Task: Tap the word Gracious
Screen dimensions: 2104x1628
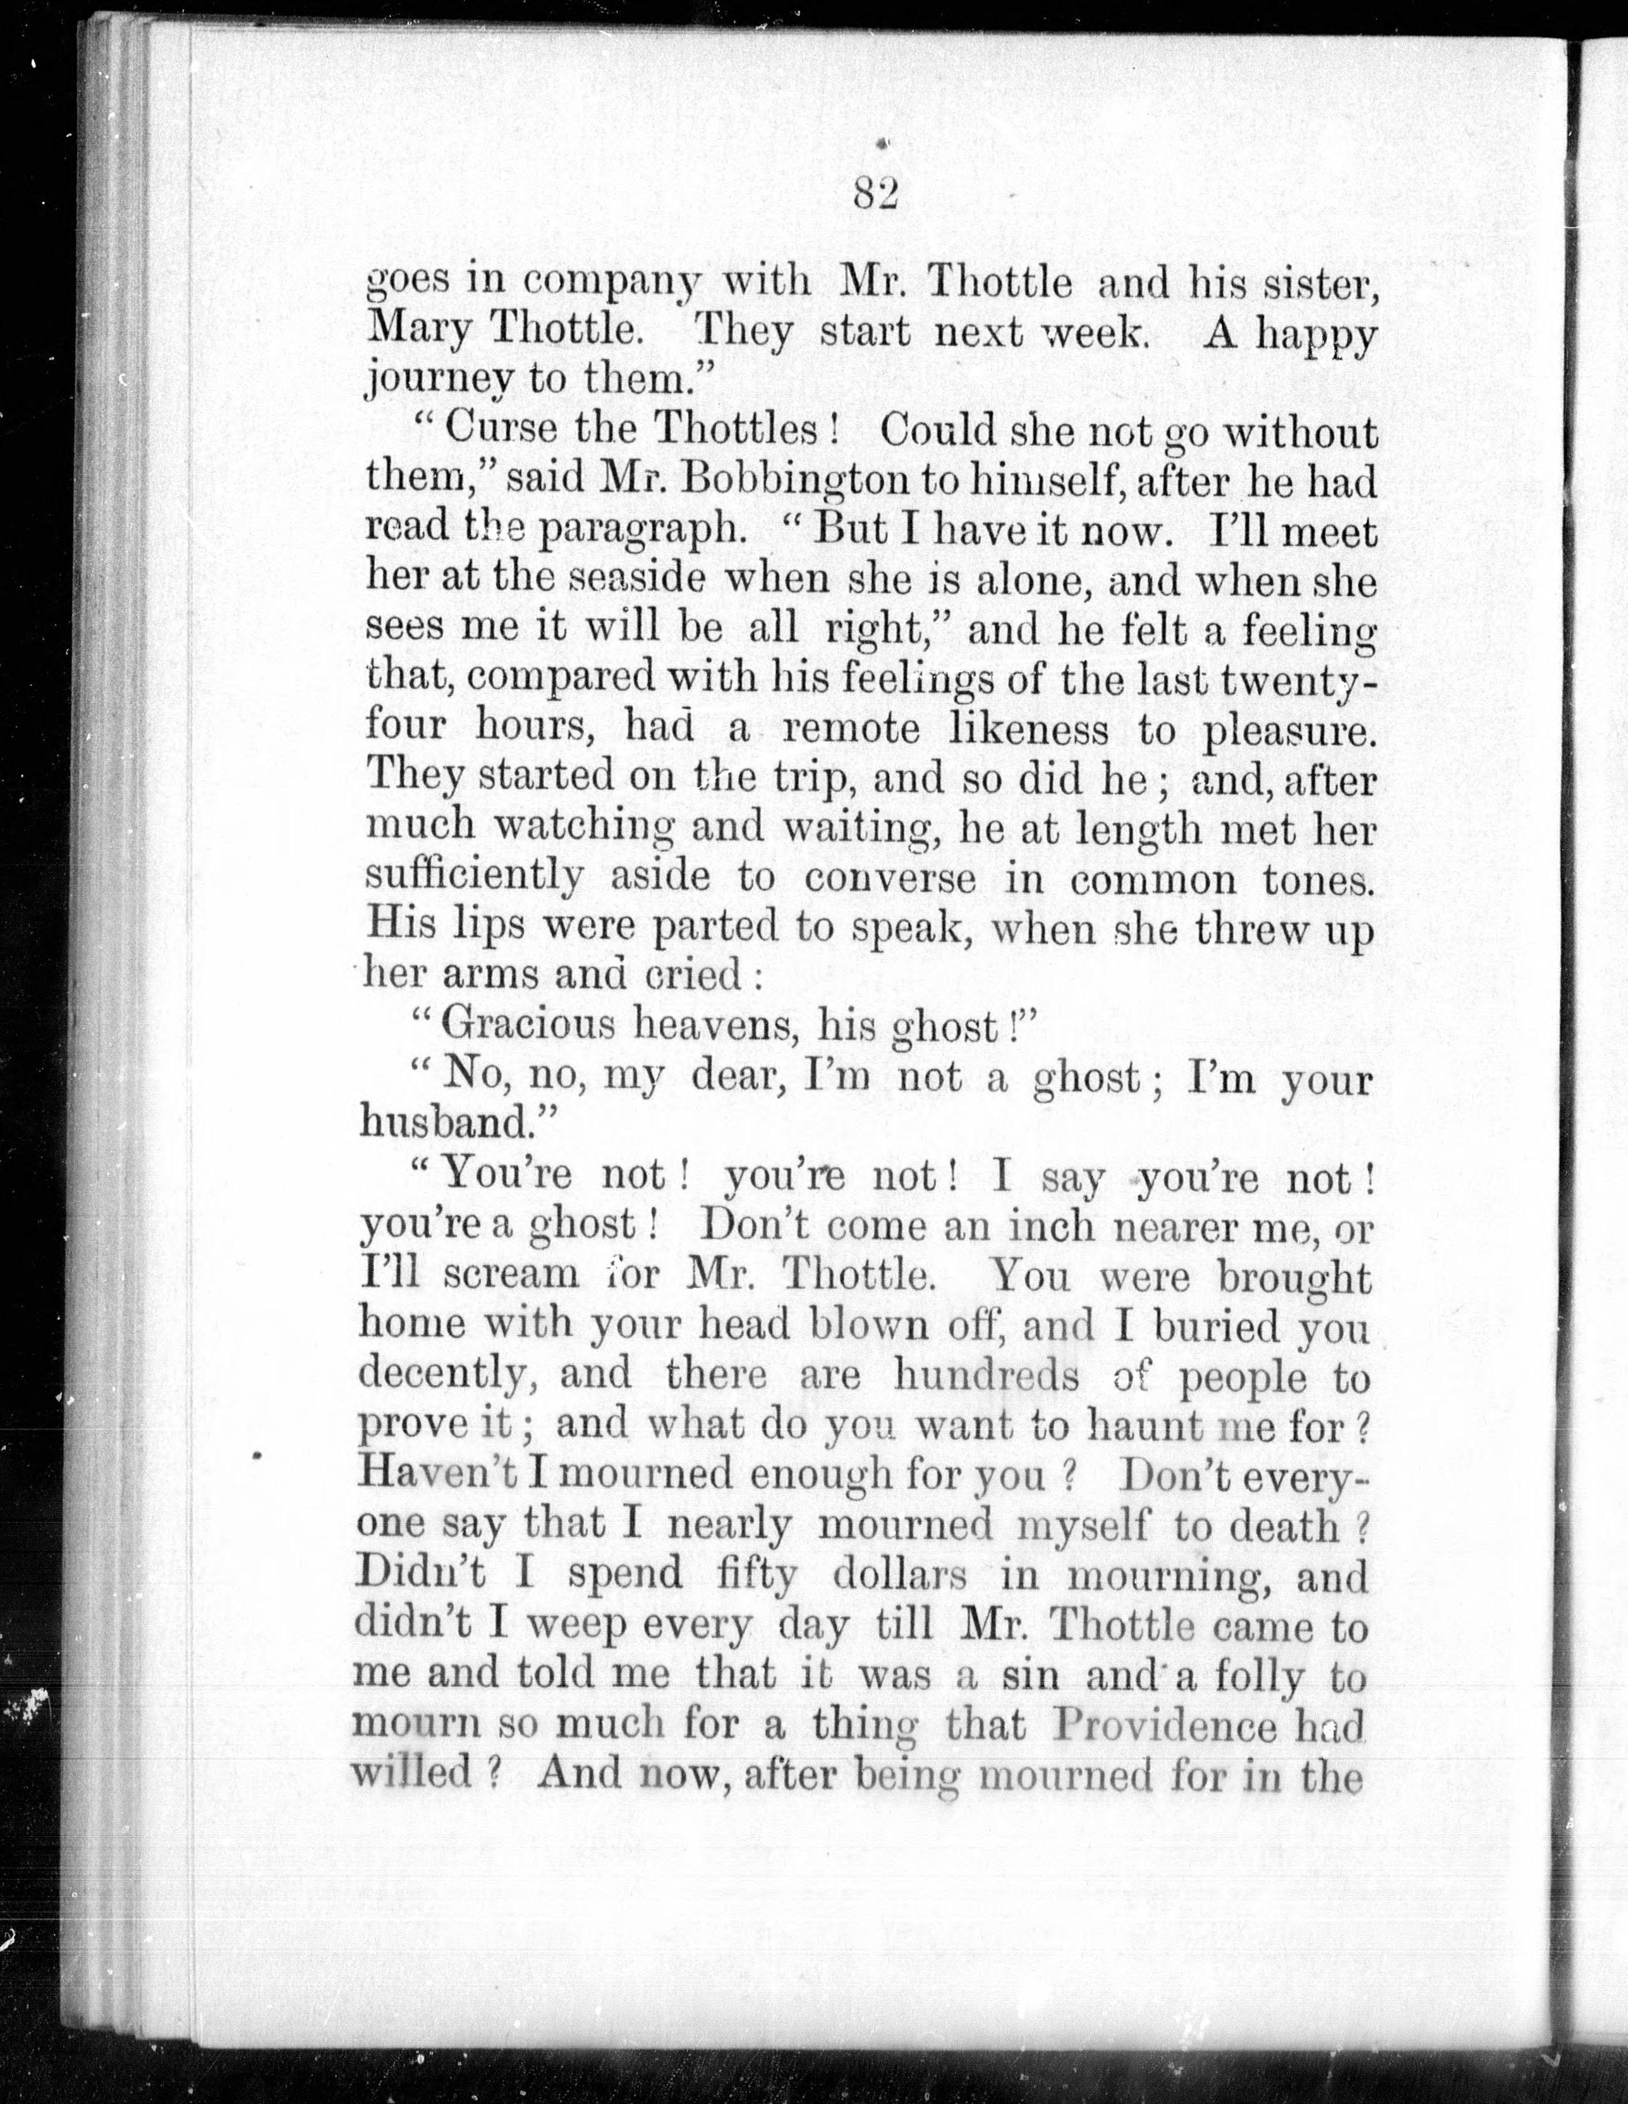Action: [527, 1024]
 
